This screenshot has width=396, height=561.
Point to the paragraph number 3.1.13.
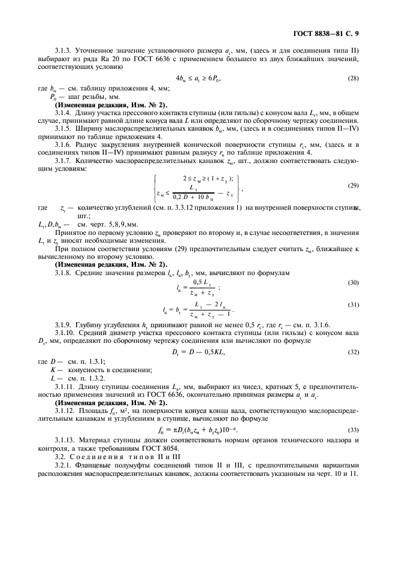click(x=65, y=441)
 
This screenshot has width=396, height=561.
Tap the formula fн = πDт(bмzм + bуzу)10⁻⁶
click(x=198, y=431)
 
